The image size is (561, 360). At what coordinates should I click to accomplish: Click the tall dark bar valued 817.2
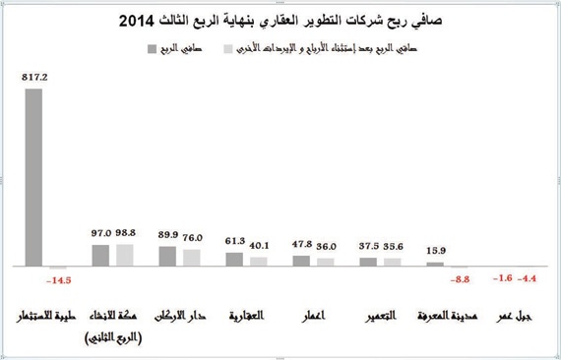[33, 177]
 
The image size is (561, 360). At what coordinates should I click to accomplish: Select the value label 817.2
[33, 75]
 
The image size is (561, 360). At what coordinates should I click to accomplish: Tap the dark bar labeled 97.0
[100, 255]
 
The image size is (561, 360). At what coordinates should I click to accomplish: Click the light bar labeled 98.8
[124, 255]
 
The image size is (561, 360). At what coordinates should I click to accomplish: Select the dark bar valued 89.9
[167, 256]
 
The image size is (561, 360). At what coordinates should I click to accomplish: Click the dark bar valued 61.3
[234, 259]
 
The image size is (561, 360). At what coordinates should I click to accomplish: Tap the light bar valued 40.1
[258, 261]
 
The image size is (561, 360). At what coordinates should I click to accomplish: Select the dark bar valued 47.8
[301, 261]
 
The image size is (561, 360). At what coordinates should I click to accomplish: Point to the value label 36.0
[326, 247]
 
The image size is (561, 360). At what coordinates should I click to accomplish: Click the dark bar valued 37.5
[368, 262]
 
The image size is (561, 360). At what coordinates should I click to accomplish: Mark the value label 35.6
[393, 247]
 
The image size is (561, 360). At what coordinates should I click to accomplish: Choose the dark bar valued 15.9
[435, 264]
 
